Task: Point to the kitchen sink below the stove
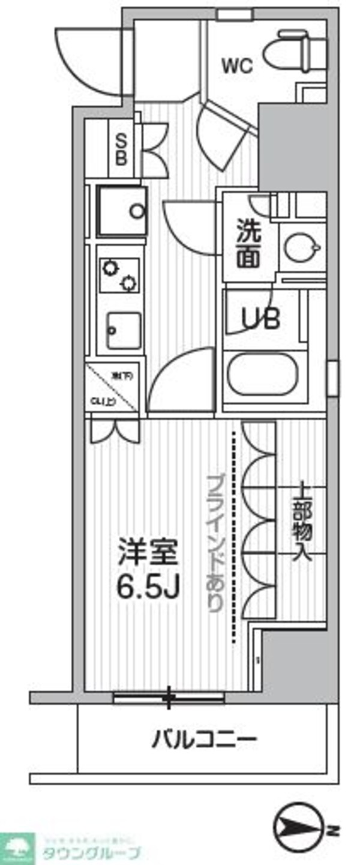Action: (x=124, y=331)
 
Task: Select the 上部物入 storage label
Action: (x=301, y=520)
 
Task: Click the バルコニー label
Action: (x=203, y=738)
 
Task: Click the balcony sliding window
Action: (x=169, y=697)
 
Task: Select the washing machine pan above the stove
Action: (x=122, y=211)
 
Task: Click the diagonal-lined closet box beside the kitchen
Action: (x=113, y=388)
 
